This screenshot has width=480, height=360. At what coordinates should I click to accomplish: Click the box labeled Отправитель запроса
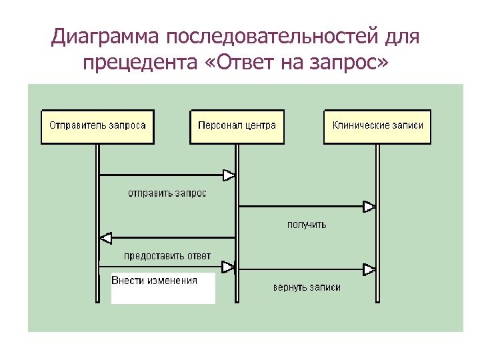click(x=97, y=126)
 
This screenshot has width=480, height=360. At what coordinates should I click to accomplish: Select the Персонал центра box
click(x=237, y=126)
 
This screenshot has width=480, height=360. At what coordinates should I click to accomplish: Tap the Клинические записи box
click(x=377, y=126)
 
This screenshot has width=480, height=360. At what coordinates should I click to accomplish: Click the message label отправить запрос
click(x=167, y=193)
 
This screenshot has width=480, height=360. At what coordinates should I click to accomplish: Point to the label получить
click(x=307, y=225)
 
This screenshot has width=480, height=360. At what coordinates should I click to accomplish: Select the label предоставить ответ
click(x=167, y=256)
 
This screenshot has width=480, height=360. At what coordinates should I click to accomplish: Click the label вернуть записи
click(x=307, y=287)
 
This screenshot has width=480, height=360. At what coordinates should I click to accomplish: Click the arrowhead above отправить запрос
click(x=229, y=175)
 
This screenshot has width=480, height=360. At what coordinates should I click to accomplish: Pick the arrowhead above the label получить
click(x=369, y=207)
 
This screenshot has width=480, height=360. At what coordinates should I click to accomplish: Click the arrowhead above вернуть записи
click(x=369, y=269)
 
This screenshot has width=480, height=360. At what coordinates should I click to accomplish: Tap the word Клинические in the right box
click(x=359, y=125)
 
